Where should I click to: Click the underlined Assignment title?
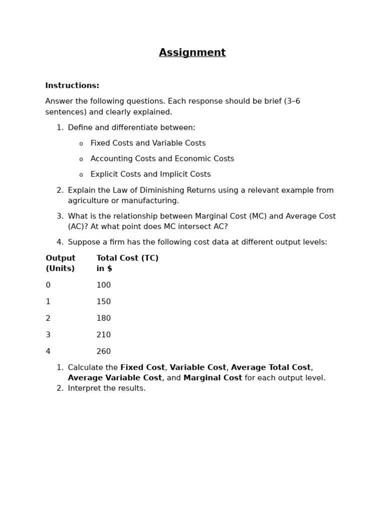[x=192, y=53]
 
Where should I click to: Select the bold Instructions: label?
[x=72, y=86]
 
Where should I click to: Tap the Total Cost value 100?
[x=103, y=286]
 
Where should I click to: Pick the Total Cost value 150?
[x=103, y=302]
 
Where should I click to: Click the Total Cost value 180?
[x=103, y=319]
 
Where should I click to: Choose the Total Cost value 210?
[x=103, y=335]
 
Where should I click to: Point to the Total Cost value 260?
[x=103, y=352]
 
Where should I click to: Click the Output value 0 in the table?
[x=48, y=286]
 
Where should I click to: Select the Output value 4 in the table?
[x=48, y=352]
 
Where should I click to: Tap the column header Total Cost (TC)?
[x=127, y=259]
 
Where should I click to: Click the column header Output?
[x=60, y=259]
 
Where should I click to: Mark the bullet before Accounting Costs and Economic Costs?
[x=81, y=159]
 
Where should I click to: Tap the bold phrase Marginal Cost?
[x=213, y=378]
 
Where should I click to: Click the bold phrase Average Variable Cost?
[x=115, y=378]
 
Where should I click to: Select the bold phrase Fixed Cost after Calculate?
[x=142, y=368]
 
